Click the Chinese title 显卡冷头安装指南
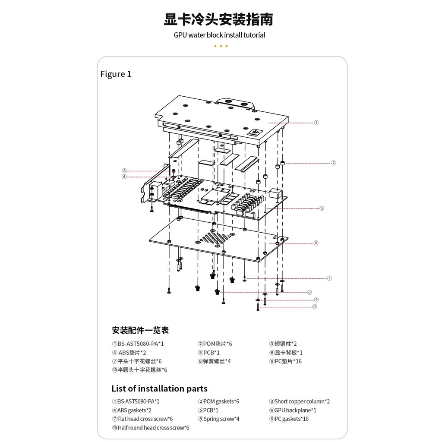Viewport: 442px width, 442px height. click(218, 19)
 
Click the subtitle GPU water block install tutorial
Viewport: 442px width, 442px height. click(219, 35)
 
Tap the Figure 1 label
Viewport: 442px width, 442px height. click(116, 74)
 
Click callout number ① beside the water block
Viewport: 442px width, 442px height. click(316, 123)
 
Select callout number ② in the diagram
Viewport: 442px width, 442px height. click(333, 163)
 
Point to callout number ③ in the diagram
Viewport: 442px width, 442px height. click(124, 170)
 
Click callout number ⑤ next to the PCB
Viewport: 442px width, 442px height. click(322, 208)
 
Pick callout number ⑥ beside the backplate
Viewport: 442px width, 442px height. click(316, 243)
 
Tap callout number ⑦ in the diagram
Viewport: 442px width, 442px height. click(329, 278)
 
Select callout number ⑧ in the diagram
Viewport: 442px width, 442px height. click(309, 292)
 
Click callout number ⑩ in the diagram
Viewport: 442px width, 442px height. click(315, 307)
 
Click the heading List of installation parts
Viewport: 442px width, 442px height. click(159, 388)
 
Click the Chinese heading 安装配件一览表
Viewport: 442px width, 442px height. click(140, 331)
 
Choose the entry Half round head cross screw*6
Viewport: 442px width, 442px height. click(150, 428)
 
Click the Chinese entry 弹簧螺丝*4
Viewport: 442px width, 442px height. click(215, 361)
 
